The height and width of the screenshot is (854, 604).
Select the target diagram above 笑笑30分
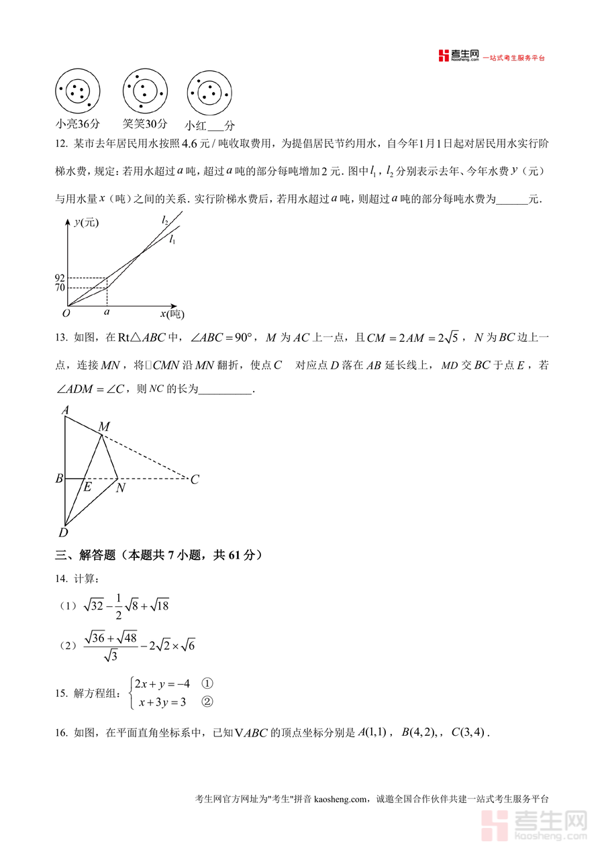(x=145, y=91)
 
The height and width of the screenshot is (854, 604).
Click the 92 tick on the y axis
(x=60, y=277)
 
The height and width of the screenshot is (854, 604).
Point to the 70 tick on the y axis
(x=60, y=288)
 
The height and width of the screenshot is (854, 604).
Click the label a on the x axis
(x=107, y=312)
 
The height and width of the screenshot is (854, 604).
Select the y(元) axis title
(x=86, y=223)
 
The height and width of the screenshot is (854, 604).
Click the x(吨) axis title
(x=172, y=314)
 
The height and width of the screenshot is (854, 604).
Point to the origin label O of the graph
(x=66, y=313)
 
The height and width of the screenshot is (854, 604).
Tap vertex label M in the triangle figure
(x=104, y=426)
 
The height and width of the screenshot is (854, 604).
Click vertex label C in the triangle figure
(x=195, y=479)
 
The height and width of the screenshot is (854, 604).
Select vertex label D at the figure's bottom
(x=63, y=533)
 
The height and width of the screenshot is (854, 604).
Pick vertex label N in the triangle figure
(x=120, y=488)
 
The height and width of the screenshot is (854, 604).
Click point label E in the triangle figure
(x=87, y=487)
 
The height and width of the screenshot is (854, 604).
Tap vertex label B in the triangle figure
(x=59, y=479)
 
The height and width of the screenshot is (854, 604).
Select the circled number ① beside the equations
(x=207, y=683)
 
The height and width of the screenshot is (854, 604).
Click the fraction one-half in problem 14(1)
(x=117, y=606)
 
